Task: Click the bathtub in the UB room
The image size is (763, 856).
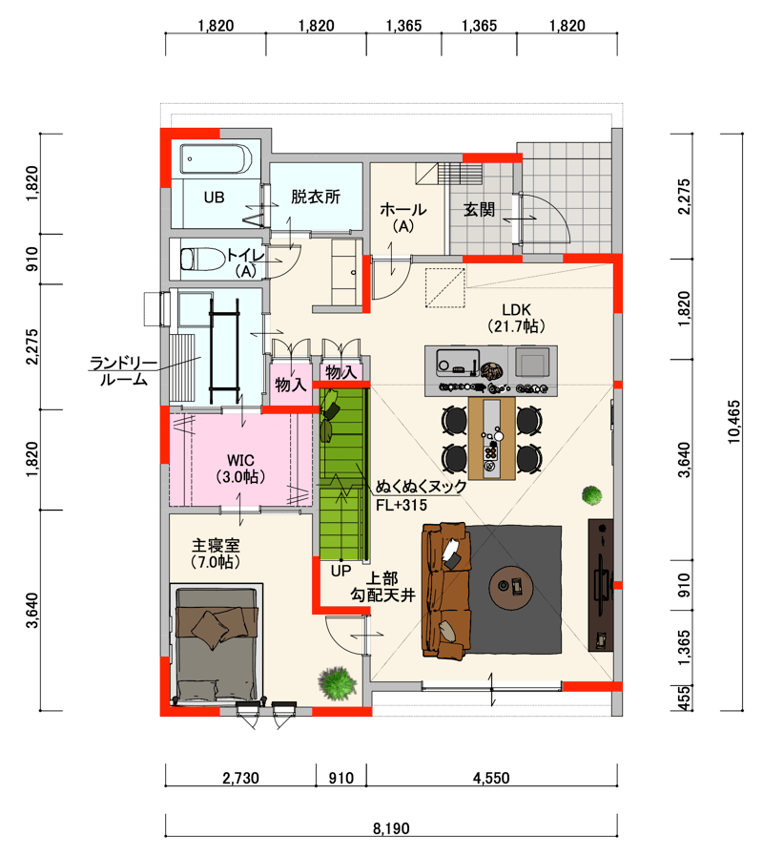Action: tap(217, 158)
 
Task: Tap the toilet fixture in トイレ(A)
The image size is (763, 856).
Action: tap(202, 260)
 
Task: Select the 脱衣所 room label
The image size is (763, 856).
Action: tap(316, 197)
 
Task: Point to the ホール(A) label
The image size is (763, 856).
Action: tap(403, 218)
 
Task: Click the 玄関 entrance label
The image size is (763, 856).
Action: tap(479, 209)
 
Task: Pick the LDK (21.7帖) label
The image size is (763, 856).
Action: tap(516, 319)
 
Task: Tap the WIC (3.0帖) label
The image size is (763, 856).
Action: tap(240, 469)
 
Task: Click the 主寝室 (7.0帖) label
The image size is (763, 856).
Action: tap(216, 553)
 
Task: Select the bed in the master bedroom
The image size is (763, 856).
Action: tap(217, 645)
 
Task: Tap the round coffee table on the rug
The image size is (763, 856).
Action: tap(511, 588)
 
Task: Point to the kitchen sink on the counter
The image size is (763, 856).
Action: tap(458, 362)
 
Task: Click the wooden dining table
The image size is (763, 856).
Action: tap(492, 439)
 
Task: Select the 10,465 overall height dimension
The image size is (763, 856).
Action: tap(734, 422)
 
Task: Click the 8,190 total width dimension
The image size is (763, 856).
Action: tap(391, 828)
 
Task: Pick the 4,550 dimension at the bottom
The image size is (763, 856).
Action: tap(491, 778)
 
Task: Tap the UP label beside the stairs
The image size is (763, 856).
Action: tap(341, 571)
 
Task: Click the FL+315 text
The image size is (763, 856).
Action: tap(402, 505)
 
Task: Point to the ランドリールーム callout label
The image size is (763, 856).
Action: tap(123, 371)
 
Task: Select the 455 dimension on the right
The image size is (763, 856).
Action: tap(684, 699)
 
